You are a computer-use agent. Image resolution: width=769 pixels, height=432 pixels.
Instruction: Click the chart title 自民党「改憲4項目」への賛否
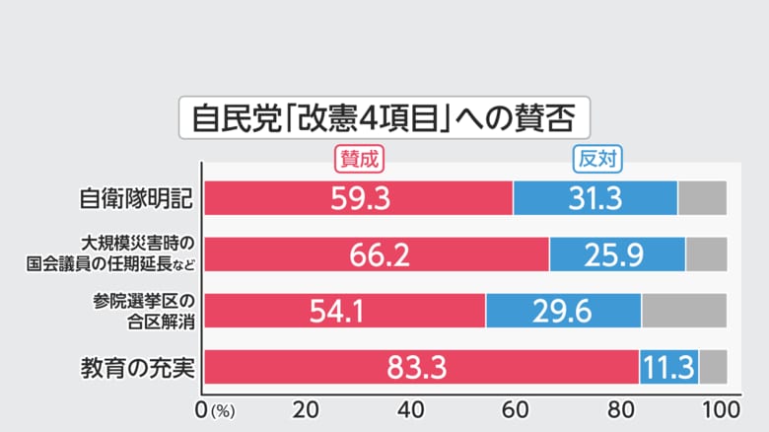click(384, 118)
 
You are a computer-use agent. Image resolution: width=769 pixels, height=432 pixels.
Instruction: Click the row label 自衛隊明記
click(135, 198)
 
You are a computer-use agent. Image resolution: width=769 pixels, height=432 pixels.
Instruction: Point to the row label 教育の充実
click(135, 369)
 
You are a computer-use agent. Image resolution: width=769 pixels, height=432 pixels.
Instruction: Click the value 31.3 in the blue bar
click(594, 198)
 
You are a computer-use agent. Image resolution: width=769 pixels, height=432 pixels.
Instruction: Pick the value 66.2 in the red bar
click(379, 255)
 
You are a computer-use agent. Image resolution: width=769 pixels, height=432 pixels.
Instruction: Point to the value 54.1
click(338, 312)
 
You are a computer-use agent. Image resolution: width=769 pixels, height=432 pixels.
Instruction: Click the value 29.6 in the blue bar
click(563, 312)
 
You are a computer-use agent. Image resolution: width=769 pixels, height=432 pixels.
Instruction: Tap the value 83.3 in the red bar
click(418, 368)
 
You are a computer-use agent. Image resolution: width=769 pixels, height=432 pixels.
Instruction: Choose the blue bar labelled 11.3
click(669, 368)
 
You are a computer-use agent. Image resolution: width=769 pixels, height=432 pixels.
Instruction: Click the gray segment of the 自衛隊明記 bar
click(702, 198)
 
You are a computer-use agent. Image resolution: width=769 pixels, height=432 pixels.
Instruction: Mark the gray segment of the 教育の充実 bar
click(713, 368)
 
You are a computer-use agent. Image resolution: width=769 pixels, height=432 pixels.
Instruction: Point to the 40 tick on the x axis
click(411, 408)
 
